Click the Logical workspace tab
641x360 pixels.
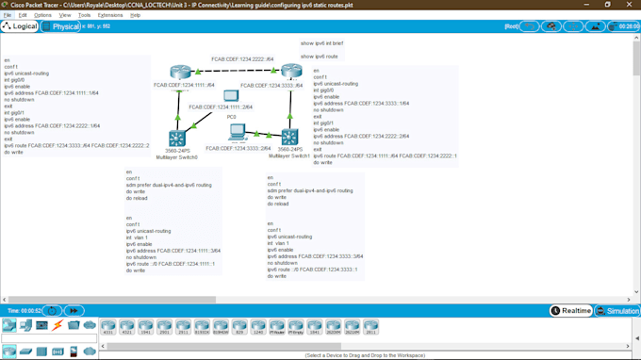pyautogui.click(x=20, y=26)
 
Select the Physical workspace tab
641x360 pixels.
pyautogui.click(x=61, y=26)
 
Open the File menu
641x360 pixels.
pyautogui.click(x=8, y=15)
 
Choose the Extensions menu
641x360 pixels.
pyautogui.click(x=110, y=15)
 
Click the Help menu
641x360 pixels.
pyautogui.click(x=136, y=15)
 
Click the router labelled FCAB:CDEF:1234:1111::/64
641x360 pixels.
pyautogui.click(x=181, y=73)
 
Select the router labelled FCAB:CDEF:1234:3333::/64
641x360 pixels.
pyautogui.click(x=291, y=71)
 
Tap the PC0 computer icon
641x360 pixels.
pyautogui.click(x=231, y=96)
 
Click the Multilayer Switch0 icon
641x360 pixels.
pyautogui.click(x=176, y=138)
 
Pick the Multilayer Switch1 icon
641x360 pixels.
pyautogui.click(x=289, y=137)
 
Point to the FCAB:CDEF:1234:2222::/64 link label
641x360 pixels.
pyautogui.click(x=242, y=59)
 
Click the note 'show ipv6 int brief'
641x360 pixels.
pyautogui.click(x=321, y=43)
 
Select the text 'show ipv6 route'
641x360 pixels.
pyautogui.click(x=319, y=57)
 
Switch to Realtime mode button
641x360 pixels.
pyautogui.click(x=571, y=311)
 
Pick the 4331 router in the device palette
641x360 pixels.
pyautogui.click(x=108, y=326)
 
